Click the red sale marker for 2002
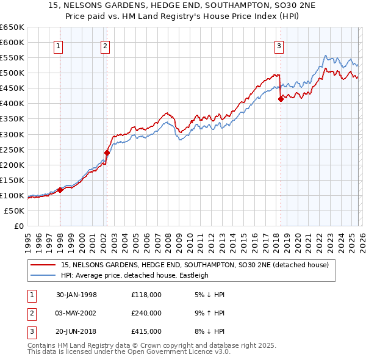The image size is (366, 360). pos(107,153)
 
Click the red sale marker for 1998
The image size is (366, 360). pos(60,190)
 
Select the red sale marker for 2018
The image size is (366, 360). pos(281,99)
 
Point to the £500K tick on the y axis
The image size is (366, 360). pos(12,73)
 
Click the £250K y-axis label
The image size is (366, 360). pos(12,149)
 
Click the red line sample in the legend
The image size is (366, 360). pos(44,265)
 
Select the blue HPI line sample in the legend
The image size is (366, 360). pos(44,275)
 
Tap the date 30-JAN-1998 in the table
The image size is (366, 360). pos(76,295)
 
